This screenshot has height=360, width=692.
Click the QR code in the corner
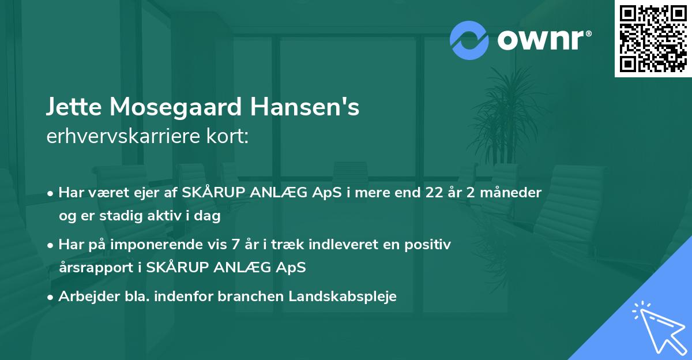(x=653, y=39)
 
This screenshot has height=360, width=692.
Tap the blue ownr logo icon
(x=469, y=40)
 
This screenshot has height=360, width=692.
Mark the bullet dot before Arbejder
(x=51, y=297)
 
